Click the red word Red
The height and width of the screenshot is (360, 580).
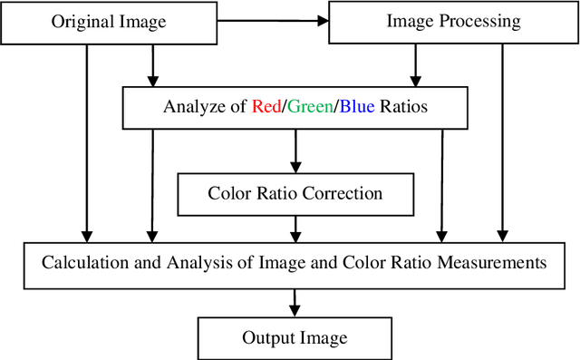click(x=266, y=108)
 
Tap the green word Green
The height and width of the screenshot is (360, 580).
click(x=310, y=108)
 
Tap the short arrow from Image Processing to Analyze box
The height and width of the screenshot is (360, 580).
click(x=416, y=67)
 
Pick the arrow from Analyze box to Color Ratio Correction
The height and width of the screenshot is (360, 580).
click(x=295, y=151)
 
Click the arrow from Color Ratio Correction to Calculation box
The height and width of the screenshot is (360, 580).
click(x=295, y=227)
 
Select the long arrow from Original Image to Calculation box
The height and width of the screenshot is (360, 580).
click(x=86, y=145)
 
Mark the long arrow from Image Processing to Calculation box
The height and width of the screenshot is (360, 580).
click(x=501, y=145)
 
